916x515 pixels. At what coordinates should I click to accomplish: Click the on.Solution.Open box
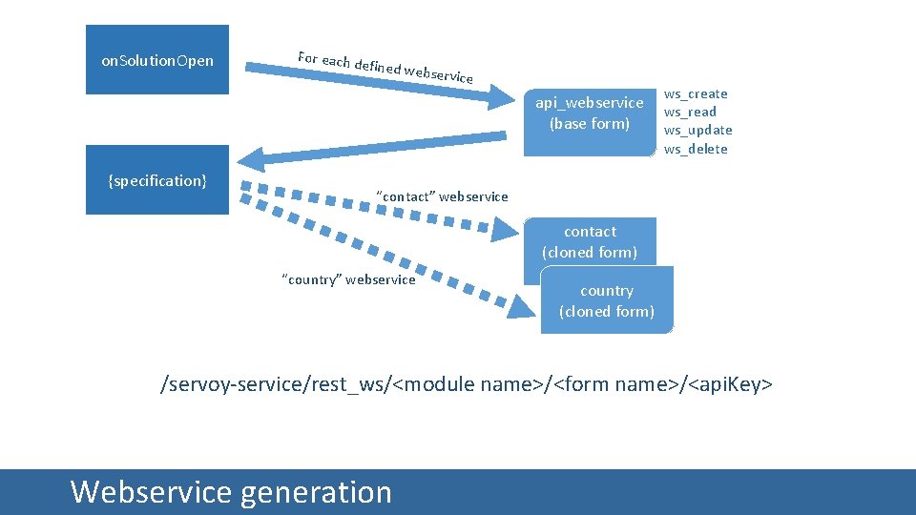pyautogui.click(x=157, y=60)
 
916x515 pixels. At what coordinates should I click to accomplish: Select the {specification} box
pyautogui.click(x=157, y=180)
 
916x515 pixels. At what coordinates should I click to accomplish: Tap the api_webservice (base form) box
pyautogui.click(x=590, y=113)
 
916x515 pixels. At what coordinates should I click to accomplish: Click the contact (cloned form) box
pyautogui.click(x=590, y=242)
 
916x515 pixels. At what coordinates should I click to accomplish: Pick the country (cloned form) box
pyautogui.click(x=607, y=300)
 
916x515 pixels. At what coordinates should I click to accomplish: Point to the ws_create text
pyautogui.click(x=696, y=93)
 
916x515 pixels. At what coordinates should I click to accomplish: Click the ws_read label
pyautogui.click(x=690, y=112)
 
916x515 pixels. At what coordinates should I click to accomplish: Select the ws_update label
pyautogui.click(x=698, y=130)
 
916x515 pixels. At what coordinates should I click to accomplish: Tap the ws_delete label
pyautogui.click(x=696, y=149)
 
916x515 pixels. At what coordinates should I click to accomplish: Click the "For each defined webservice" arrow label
pyautogui.click(x=385, y=65)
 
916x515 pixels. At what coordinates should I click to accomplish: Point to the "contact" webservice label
pyautogui.click(x=442, y=196)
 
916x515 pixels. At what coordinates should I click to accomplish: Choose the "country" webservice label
pyautogui.click(x=348, y=279)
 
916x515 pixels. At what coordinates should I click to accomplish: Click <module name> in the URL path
pyautogui.click(x=468, y=384)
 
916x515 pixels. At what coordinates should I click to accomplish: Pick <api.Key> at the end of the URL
pyautogui.click(x=731, y=384)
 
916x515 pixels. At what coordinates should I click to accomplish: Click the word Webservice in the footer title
pyautogui.click(x=151, y=492)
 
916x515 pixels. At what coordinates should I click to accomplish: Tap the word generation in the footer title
pyautogui.click(x=316, y=492)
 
